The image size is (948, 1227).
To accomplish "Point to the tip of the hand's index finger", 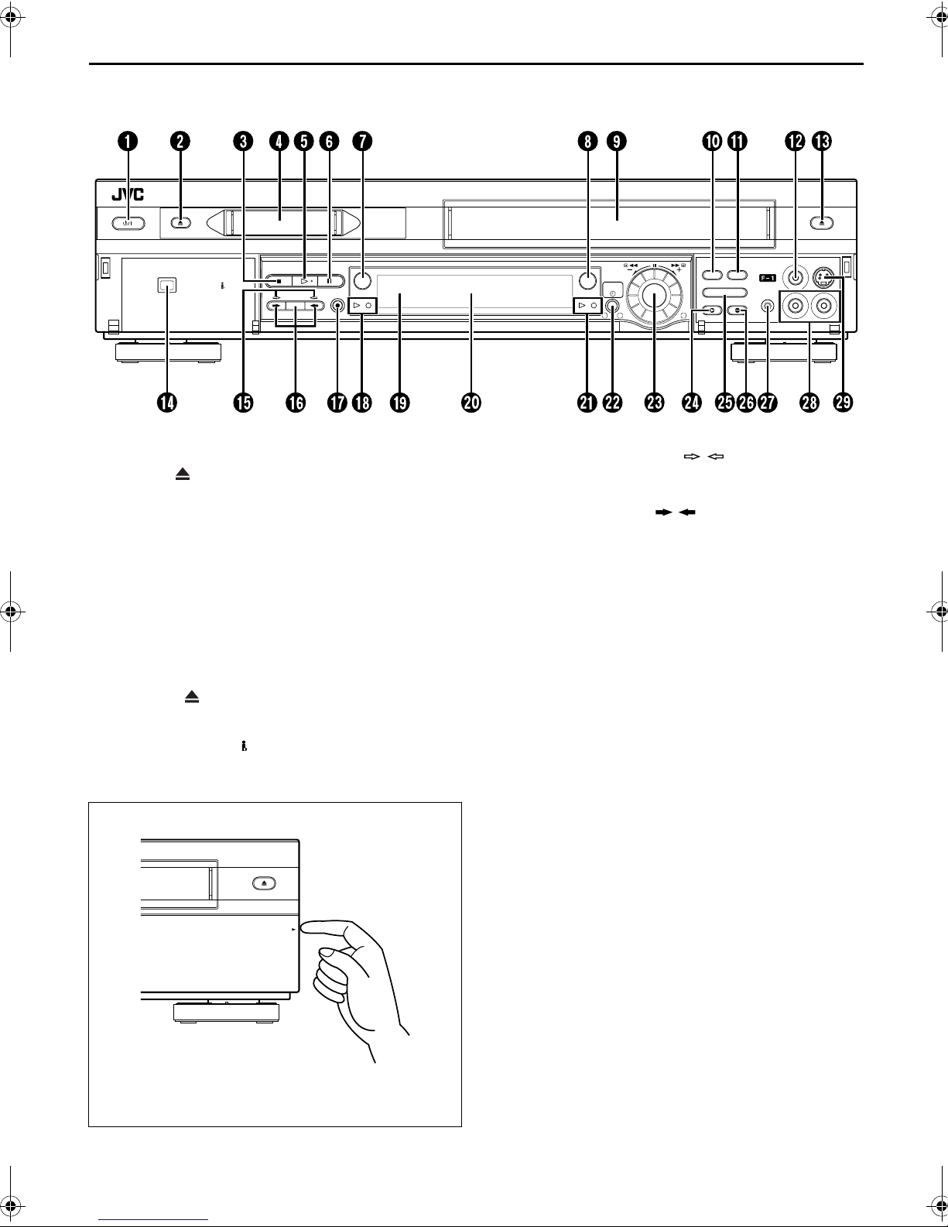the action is click(x=308, y=927).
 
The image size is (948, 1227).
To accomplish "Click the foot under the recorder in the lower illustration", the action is click(x=225, y=1012).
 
